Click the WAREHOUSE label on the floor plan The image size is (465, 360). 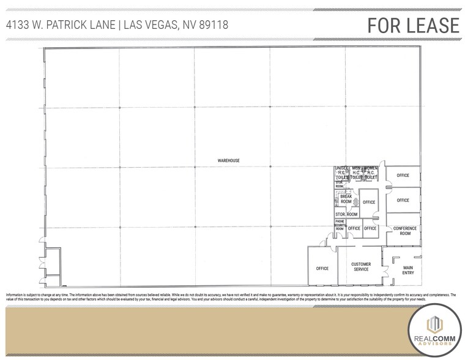[x=228, y=160]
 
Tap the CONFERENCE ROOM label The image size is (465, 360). [x=404, y=231]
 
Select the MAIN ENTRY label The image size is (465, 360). [x=407, y=270]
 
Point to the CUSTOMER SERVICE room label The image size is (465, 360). [x=361, y=266]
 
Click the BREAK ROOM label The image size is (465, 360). [x=346, y=199]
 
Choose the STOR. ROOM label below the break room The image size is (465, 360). [x=346, y=214]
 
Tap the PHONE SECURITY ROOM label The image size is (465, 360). [x=340, y=226]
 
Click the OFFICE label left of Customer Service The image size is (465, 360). [x=322, y=268]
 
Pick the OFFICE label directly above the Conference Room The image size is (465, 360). [x=403, y=200]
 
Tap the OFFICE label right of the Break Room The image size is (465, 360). [x=368, y=202]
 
